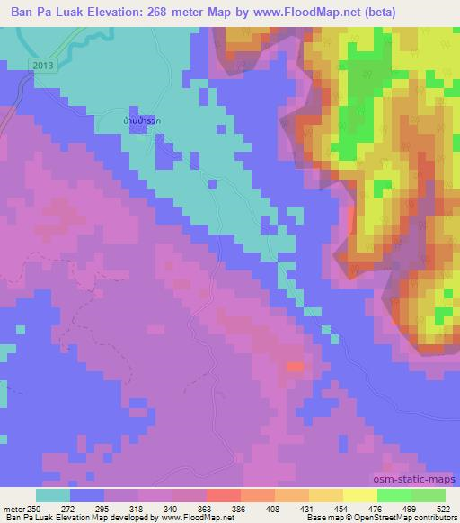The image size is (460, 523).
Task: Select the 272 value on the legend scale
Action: (x=67, y=508)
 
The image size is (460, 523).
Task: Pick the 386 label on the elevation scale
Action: (x=238, y=508)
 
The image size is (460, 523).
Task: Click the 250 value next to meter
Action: (x=33, y=508)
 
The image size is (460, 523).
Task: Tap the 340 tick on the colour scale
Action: (x=170, y=508)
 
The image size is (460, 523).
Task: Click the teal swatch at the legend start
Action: (x=53, y=496)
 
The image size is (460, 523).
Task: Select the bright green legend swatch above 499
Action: (x=394, y=496)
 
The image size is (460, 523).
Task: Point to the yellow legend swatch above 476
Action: (x=360, y=496)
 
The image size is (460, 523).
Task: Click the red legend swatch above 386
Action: (x=224, y=496)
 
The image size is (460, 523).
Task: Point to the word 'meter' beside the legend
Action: (x=13, y=508)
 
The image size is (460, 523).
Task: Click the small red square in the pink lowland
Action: (x=295, y=366)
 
